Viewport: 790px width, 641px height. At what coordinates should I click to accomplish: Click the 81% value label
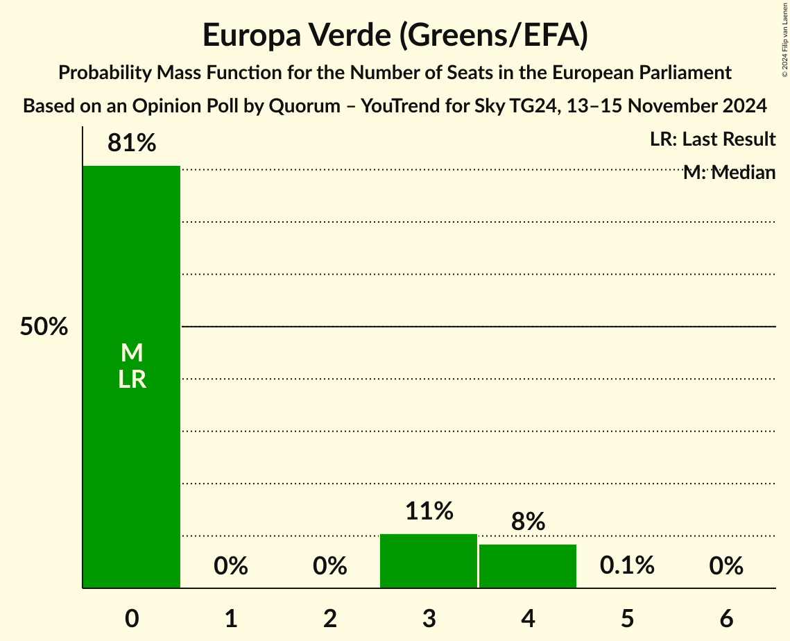point(132,144)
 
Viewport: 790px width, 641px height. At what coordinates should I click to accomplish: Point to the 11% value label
point(429,512)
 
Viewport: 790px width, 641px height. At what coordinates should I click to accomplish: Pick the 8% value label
point(528,522)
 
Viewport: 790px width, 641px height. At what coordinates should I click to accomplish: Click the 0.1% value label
point(627,566)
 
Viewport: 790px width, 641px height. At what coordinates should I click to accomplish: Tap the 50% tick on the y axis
point(44,327)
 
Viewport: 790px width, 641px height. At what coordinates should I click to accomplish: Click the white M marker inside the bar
point(132,353)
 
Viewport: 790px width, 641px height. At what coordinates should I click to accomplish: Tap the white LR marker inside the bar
point(132,379)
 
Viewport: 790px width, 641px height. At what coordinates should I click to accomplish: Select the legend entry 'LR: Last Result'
point(712,139)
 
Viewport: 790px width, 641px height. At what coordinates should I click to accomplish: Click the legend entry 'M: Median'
point(729,173)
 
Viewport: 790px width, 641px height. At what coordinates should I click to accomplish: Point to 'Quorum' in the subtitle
point(305,107)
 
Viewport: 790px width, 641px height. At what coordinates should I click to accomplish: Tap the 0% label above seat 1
point(231,566)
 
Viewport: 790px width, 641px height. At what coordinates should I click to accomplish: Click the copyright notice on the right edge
point(784,39)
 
